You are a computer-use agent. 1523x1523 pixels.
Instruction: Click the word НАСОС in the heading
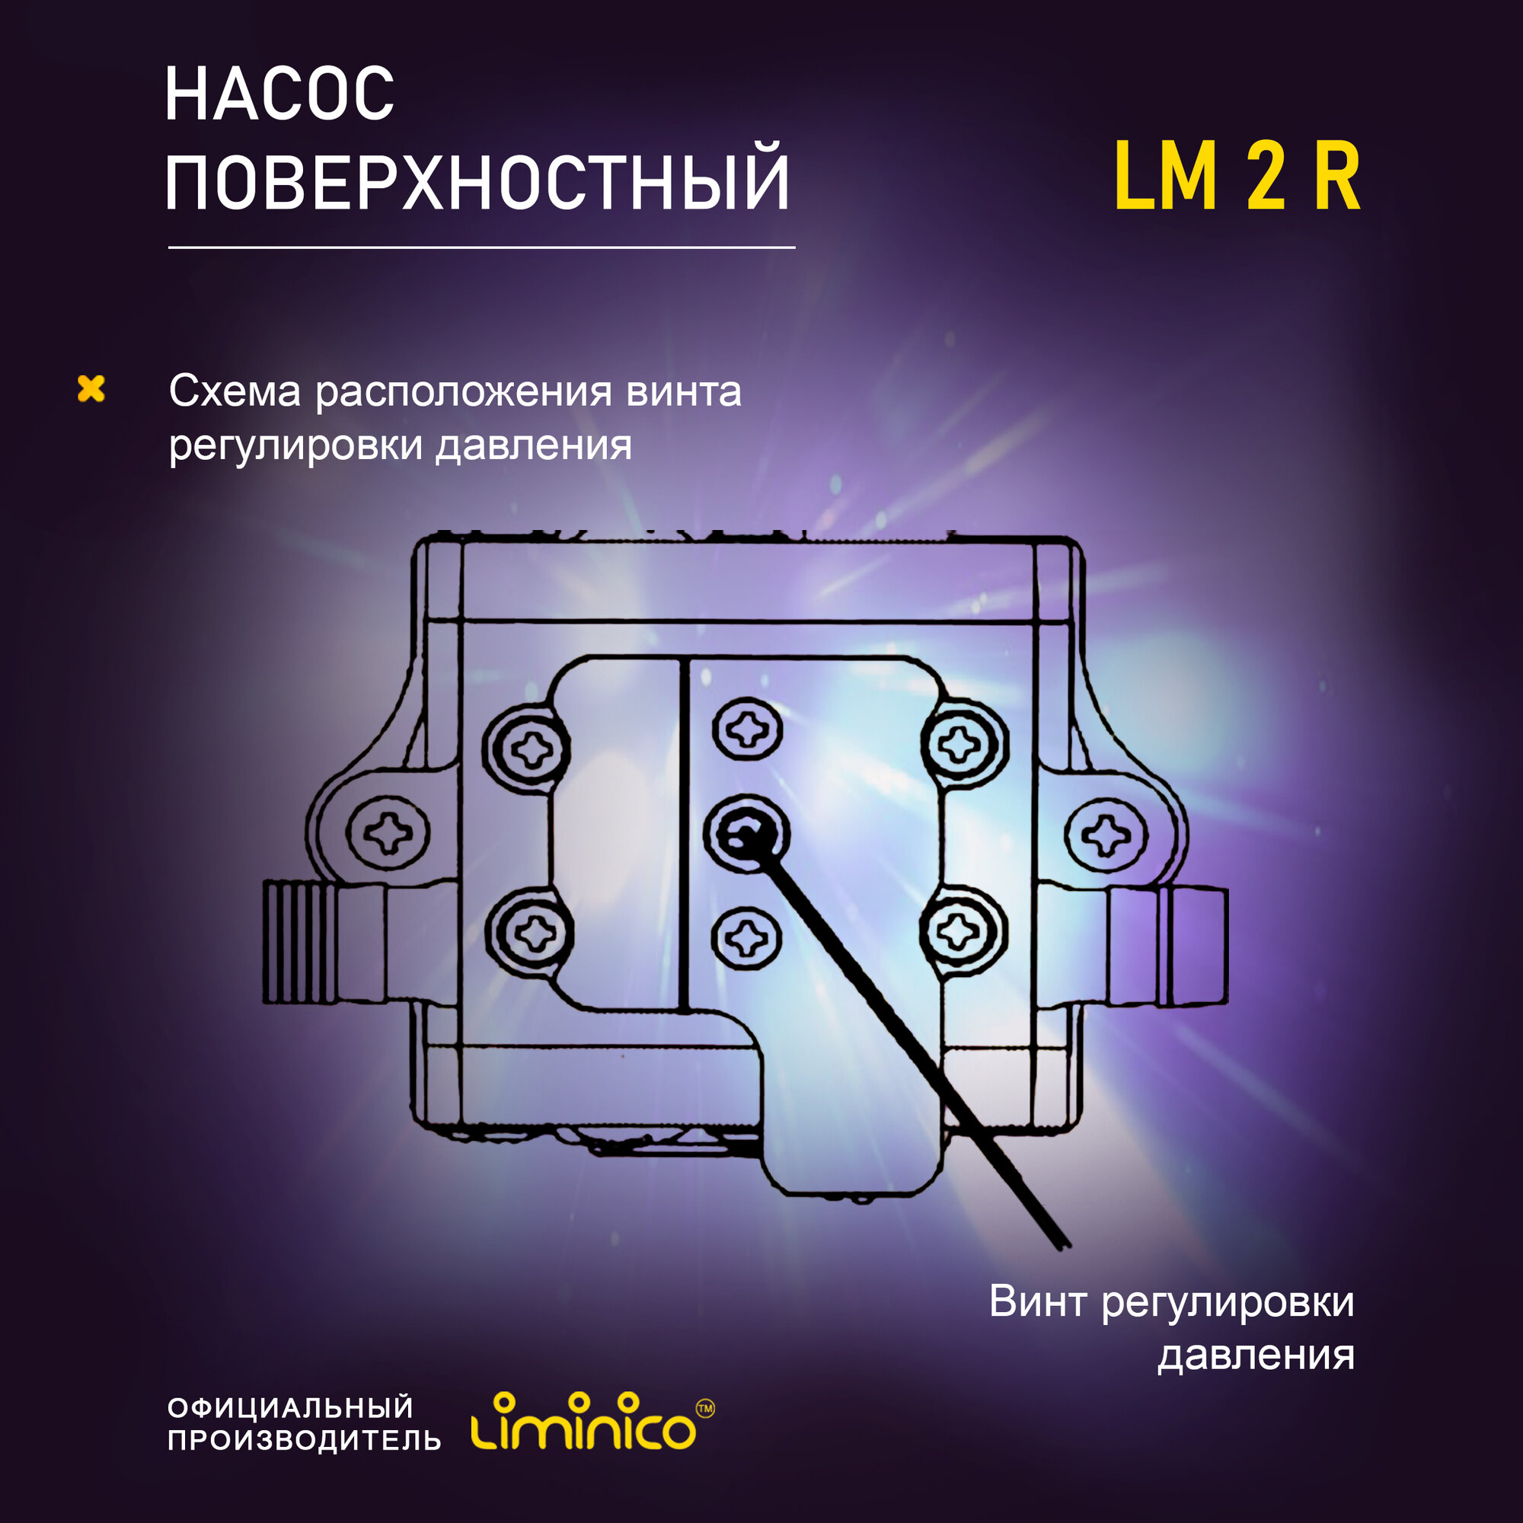coord(279,94)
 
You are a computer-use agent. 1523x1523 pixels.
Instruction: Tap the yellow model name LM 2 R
coord(1237,178)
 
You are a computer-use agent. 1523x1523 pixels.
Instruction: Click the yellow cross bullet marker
coord(91,388)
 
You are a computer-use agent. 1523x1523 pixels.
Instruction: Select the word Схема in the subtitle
coord(235,391)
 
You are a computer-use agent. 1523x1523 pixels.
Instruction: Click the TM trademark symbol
coord(706,1408)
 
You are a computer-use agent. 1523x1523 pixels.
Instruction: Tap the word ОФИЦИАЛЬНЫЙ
coord(291,1408)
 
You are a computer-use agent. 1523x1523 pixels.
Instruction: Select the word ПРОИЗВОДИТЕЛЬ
coord(305,1440)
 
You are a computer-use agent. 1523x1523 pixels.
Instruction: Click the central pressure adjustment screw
coord(746,832)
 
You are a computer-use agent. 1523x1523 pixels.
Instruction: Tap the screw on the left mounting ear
coord(388,832)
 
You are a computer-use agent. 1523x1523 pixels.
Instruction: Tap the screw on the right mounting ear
coord(1105,832)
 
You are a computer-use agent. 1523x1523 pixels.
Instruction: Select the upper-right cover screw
coord(964,743)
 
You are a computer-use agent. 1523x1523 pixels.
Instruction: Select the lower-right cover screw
coord(963,931)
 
